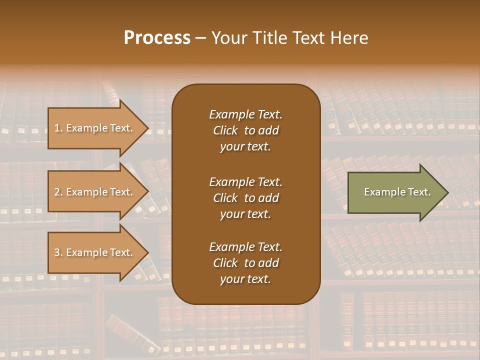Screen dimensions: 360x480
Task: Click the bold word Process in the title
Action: point(157,38)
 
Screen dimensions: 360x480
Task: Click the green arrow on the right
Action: point(395,192)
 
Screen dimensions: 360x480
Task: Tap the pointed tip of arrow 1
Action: point(147,128)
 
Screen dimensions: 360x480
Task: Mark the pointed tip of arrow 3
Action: point(147,252)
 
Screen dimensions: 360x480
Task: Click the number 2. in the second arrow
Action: point(58,192)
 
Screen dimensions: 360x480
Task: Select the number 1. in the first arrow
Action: point(58,128)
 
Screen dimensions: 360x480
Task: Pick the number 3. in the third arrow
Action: point(58,252)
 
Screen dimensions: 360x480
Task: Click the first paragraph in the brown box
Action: point(245,130)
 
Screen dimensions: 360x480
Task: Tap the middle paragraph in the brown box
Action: point(245,198)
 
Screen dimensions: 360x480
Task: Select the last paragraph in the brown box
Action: point(245,263)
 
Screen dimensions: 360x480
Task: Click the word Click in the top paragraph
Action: point(225,130)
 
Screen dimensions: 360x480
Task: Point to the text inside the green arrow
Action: point(397,192)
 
